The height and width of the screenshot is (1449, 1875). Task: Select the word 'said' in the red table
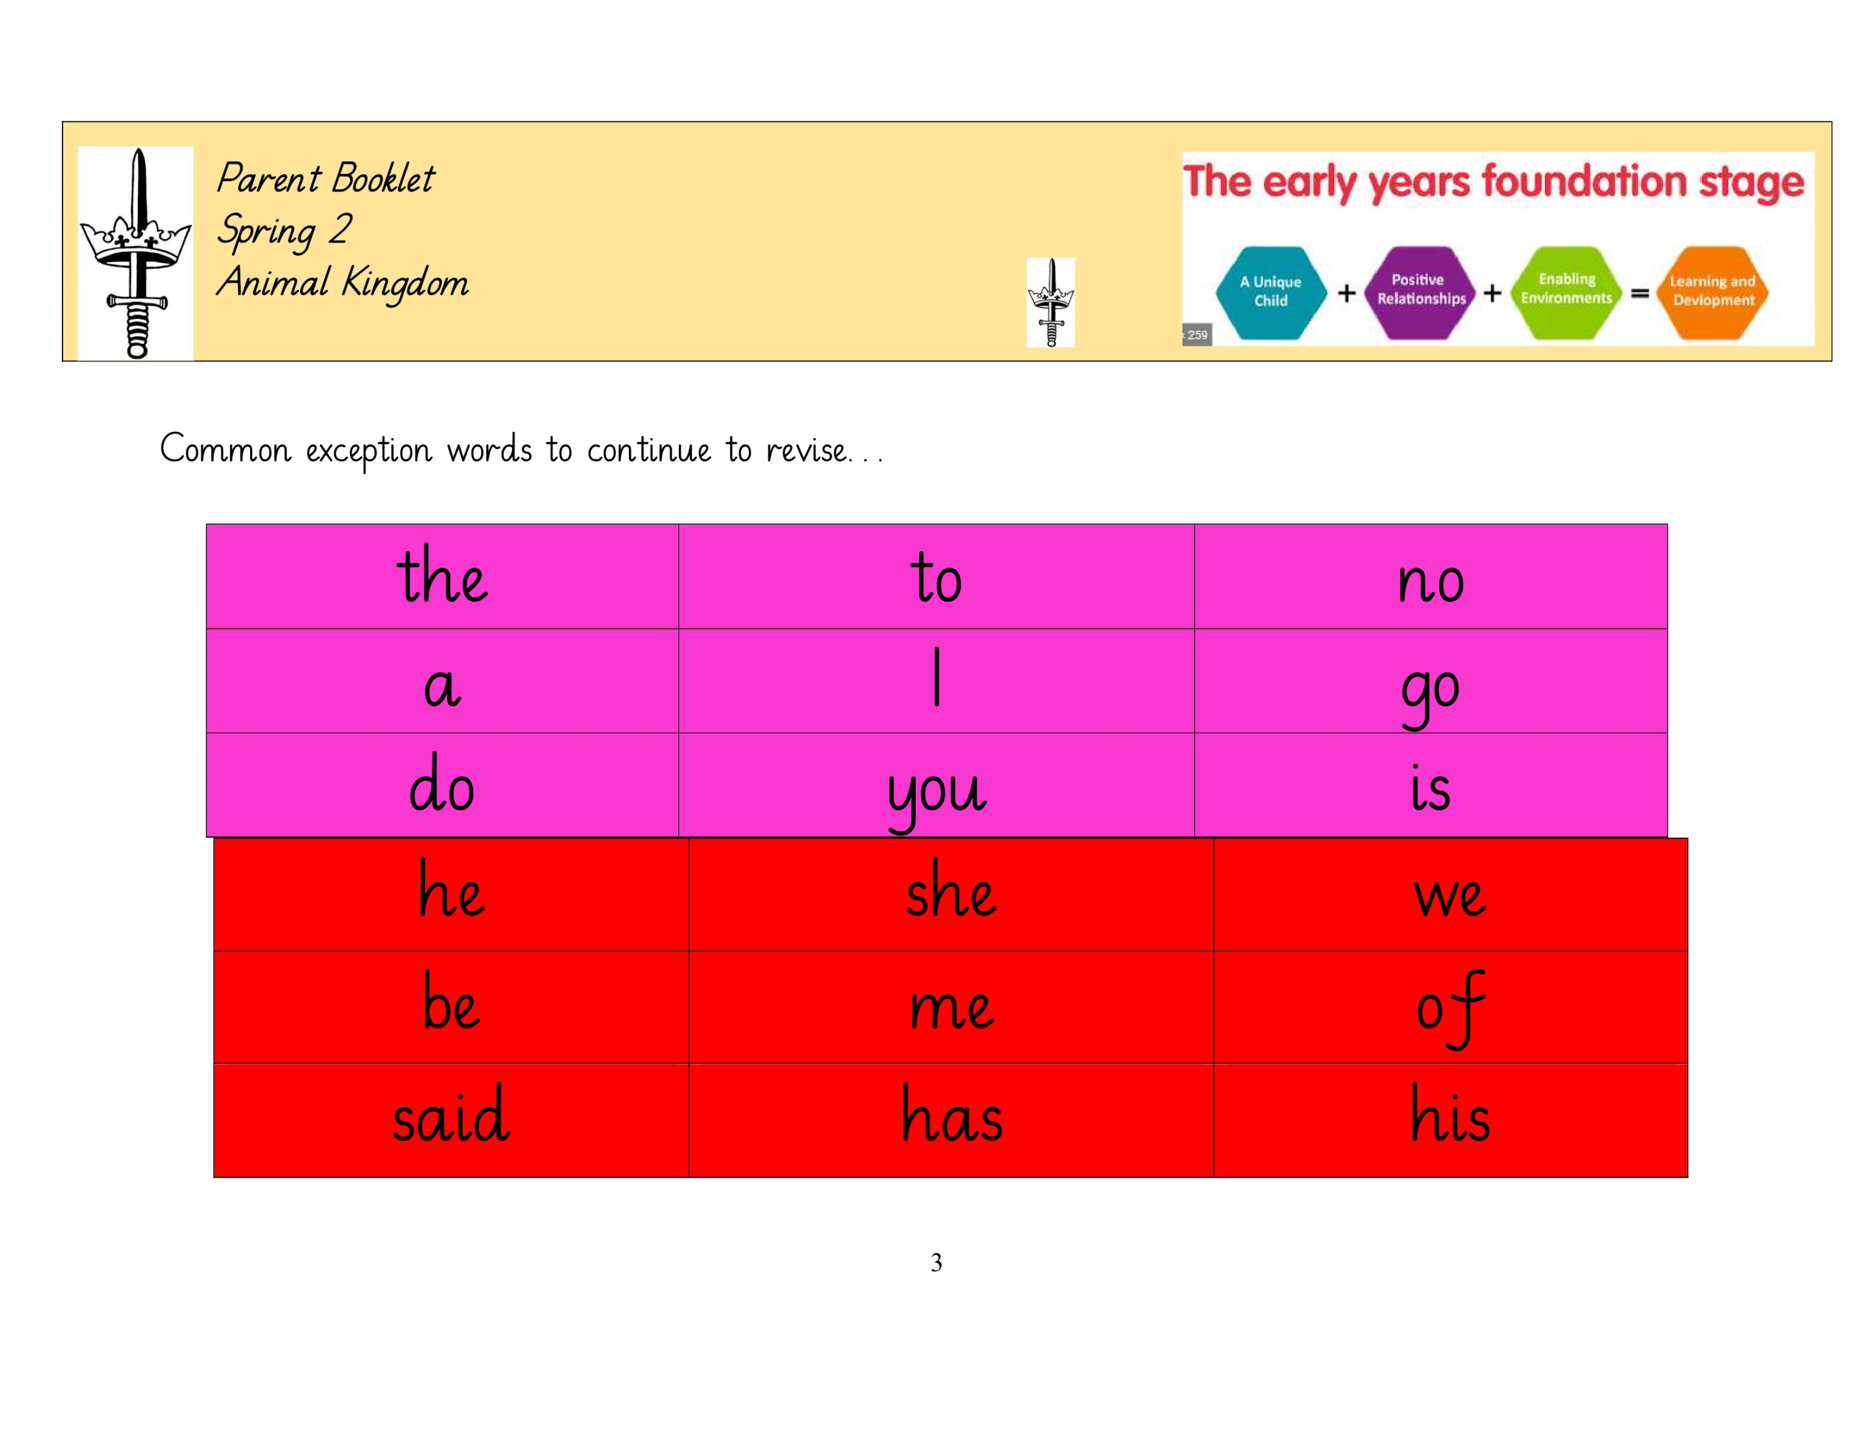[451, 1116]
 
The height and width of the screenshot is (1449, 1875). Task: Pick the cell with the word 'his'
[1450, 1116]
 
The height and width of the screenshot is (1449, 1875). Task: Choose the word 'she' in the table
[950, 893]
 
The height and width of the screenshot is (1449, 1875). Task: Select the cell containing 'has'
[951, 1116]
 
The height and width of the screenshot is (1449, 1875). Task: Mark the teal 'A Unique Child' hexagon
[1270, 292]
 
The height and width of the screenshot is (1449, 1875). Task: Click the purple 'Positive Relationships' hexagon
[1421, 291]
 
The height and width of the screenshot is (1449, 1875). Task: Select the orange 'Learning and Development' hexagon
[1712, 292]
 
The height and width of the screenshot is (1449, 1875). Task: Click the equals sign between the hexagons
[1640, 294]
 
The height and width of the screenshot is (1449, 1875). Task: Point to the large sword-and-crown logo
[136, 253]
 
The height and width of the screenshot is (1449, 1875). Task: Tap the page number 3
[937, 1262]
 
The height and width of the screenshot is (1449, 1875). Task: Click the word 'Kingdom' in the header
[405, 283]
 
